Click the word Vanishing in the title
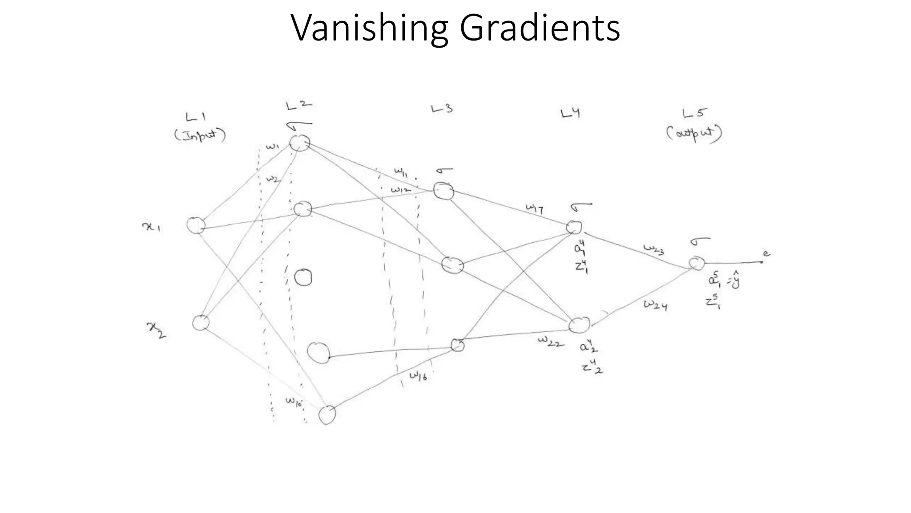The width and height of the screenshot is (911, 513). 369,28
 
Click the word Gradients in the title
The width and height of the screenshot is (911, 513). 540,28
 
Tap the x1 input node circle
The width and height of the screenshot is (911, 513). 195,225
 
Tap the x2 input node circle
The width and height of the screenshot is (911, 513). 201,322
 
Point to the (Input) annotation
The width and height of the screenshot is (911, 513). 200,134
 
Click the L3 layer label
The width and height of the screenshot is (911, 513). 442,109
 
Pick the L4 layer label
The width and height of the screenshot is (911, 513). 570,114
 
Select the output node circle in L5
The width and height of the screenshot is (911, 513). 697,264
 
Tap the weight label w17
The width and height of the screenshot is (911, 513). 534,208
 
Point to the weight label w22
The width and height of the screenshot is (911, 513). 551,342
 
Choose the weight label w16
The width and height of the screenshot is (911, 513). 418,376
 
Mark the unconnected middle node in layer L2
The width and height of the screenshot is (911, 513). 303,277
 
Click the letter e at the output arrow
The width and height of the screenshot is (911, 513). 766,254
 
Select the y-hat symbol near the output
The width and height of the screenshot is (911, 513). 735,281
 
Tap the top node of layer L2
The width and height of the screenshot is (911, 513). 300,143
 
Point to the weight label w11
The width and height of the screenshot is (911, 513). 400,171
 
